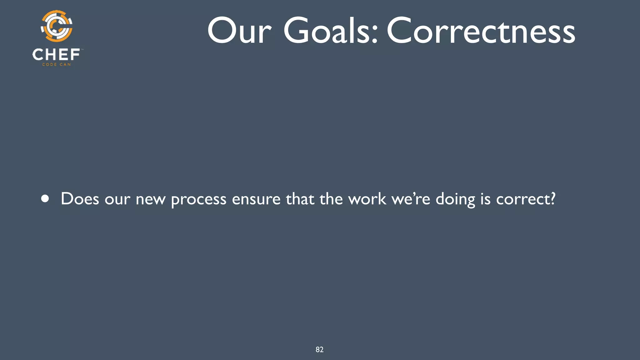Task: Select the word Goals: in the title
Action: [x=331, y=31]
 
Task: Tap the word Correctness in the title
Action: [x=481, y=31]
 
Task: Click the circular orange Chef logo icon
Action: [x=57, y=26]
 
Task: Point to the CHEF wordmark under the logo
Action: [x=56, y=55]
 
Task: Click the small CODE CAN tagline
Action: [x=57, y=65]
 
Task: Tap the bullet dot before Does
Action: [x=45, y=199]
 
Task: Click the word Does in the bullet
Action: [x=80, y=199]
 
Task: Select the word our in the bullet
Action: [x=117, y=199]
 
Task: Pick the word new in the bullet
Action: [x=150, y=199]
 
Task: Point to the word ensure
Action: [x=256, y=199]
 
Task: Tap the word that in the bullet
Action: [x=300, y=199]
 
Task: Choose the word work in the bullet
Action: [x=367, y=199]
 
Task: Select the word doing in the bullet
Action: [x=455, y=199]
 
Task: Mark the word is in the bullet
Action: [x=485, y=199]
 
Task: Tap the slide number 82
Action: [x=319, y=350]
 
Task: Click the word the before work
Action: [x=331, y=199]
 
